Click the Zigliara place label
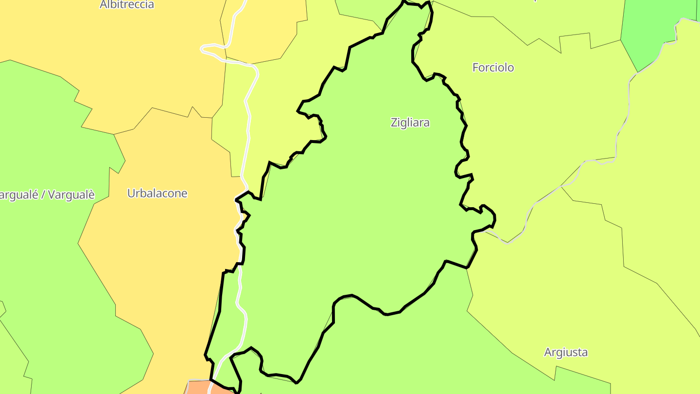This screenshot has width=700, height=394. tap(410, 123)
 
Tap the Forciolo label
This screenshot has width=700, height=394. tap(493, 68)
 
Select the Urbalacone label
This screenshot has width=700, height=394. tap(157, 193)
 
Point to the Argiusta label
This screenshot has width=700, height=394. tap(566, 352)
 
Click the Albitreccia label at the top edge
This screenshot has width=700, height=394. tap(127, 5)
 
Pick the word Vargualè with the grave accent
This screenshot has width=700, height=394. tap(71, 195)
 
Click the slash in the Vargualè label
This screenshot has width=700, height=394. tap(43, 195)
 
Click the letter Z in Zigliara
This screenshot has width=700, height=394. tap(394, 123)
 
